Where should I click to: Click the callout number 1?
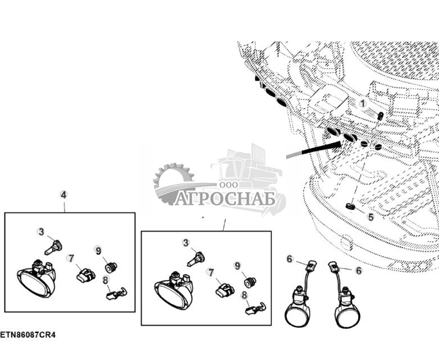(x=363, y=104)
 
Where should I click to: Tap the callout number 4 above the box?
(x=64, y=195)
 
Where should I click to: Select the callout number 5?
(x=370, y=217)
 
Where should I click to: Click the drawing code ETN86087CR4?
(x=28, y=335)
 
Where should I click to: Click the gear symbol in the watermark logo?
(x=172, y=183)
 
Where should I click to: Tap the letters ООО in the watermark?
(x=229, y=185)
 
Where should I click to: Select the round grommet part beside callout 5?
(x=350, y=207)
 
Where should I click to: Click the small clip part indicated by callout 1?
(x=381, y=116)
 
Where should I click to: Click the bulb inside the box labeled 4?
(x=53, y=248)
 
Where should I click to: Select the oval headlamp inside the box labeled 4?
(x=37, y=279)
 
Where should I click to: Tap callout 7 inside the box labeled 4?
(x=71, y=258)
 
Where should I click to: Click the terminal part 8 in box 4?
(x=116, y=294)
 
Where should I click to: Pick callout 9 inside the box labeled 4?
(x=98, y=250)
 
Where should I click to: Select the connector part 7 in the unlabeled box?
(x=225, y=290)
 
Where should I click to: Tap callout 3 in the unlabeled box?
(x=185, y=243)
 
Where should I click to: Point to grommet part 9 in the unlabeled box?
(x=250, y=282)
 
